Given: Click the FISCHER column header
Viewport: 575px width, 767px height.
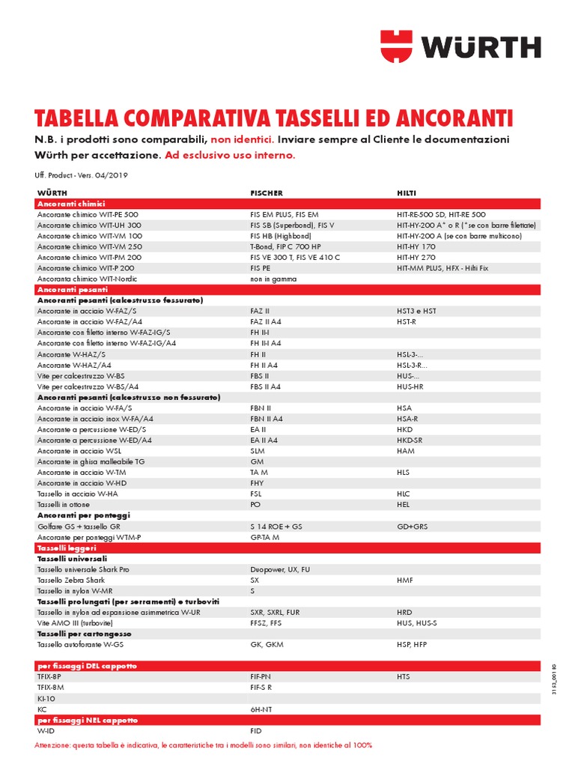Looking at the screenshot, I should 267,193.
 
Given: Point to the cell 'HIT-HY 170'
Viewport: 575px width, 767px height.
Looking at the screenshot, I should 416,246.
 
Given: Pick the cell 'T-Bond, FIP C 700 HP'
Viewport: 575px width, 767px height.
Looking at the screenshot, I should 285,246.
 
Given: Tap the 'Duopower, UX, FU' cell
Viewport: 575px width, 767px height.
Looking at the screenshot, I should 279,569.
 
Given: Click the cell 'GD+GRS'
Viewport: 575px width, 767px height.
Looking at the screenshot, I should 413,527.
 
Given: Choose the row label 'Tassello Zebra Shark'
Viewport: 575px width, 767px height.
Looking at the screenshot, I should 71,580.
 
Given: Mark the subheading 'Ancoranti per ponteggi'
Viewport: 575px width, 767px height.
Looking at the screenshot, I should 84,515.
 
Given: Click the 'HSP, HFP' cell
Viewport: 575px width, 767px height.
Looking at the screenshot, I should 412,644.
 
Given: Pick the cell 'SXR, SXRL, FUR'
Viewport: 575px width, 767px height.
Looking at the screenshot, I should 275,612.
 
